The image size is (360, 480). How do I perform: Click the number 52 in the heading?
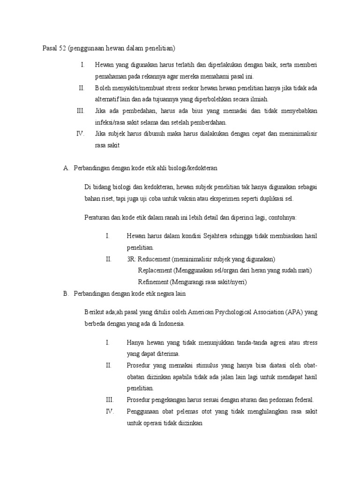62,48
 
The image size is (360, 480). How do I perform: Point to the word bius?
195,111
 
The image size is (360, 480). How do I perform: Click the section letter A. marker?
66,168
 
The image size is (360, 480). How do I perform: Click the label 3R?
132,259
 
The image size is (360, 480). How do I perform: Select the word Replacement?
155,270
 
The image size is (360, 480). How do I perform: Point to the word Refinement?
154,282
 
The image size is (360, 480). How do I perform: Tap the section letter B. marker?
66,293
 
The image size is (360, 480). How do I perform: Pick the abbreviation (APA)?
292,312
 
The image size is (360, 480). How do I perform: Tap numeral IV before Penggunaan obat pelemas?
110,412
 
